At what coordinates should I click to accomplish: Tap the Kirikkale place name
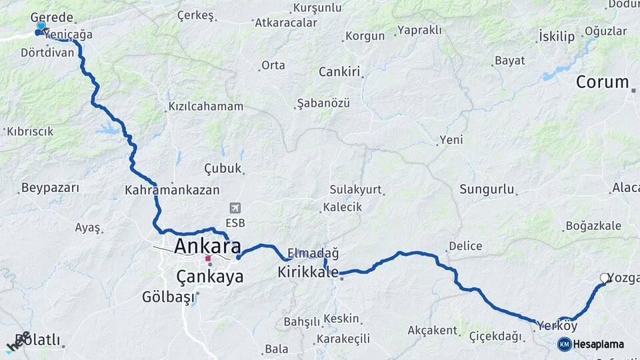pos(308,272)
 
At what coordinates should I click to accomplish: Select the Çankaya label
pos(210,277)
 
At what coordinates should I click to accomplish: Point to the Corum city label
pos(602,82)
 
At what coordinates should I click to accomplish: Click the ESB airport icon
pos(235,208)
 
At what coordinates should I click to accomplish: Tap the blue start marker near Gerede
pos(41,27)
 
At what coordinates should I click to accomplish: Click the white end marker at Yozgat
pos(605,278)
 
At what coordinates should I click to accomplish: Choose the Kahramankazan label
pos(172,190)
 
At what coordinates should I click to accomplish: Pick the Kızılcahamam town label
pos(205,107)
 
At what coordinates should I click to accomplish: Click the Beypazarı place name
pos(50,188)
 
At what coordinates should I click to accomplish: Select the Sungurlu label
pos(487,189)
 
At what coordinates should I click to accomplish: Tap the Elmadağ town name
pos(313,253)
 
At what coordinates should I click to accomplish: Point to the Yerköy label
pos(557,326)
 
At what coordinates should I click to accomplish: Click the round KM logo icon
pos(564,344)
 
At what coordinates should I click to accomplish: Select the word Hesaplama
pos(599,344)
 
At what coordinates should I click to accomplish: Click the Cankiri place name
pos(339,72)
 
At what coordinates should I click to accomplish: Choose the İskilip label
pos(557,37)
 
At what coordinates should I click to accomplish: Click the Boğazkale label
pos(593,226)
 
